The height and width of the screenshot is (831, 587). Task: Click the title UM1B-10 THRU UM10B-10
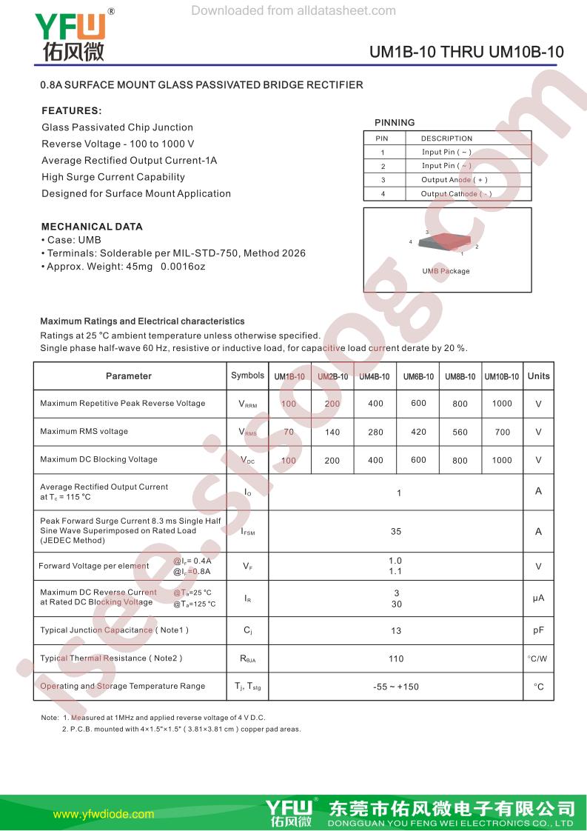466,53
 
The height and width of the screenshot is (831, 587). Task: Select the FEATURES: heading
71,110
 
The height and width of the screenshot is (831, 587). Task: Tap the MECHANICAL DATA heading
92,227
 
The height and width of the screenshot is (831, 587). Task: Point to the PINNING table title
395,123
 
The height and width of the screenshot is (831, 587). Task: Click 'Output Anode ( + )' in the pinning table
454,180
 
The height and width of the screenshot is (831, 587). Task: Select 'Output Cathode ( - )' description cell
456,194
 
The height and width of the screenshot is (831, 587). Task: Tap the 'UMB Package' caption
446,271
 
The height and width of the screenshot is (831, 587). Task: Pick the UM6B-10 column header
418,376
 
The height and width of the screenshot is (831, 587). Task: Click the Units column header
538,376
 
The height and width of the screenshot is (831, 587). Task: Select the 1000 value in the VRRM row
501,404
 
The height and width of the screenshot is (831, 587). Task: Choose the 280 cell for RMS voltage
375,432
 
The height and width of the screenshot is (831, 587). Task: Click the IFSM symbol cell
247,531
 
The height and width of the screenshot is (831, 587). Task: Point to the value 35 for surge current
396,531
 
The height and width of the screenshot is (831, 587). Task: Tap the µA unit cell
538,598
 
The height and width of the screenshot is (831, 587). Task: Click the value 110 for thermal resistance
396,658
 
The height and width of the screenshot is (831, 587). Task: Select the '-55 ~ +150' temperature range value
396,687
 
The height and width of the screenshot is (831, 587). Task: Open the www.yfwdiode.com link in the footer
104,814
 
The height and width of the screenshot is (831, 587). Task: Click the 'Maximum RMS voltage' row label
84,431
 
